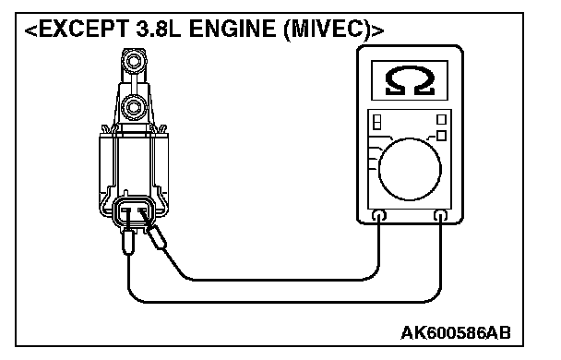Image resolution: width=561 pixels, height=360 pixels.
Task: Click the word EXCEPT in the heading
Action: tap(83, 29)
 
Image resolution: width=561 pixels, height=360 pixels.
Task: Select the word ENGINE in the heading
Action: tap(233, 29)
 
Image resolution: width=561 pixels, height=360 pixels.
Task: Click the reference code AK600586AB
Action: tap(456, 333)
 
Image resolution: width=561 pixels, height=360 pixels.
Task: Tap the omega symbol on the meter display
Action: tap(410, 81)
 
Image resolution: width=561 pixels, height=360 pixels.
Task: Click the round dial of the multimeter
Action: tap(410, 169)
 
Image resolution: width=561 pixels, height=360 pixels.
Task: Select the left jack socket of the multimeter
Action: tap(379, 215)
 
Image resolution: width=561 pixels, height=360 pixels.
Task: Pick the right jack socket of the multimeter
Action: tap(440, 215)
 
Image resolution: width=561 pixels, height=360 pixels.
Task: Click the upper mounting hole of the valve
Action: tap(134, 61)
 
